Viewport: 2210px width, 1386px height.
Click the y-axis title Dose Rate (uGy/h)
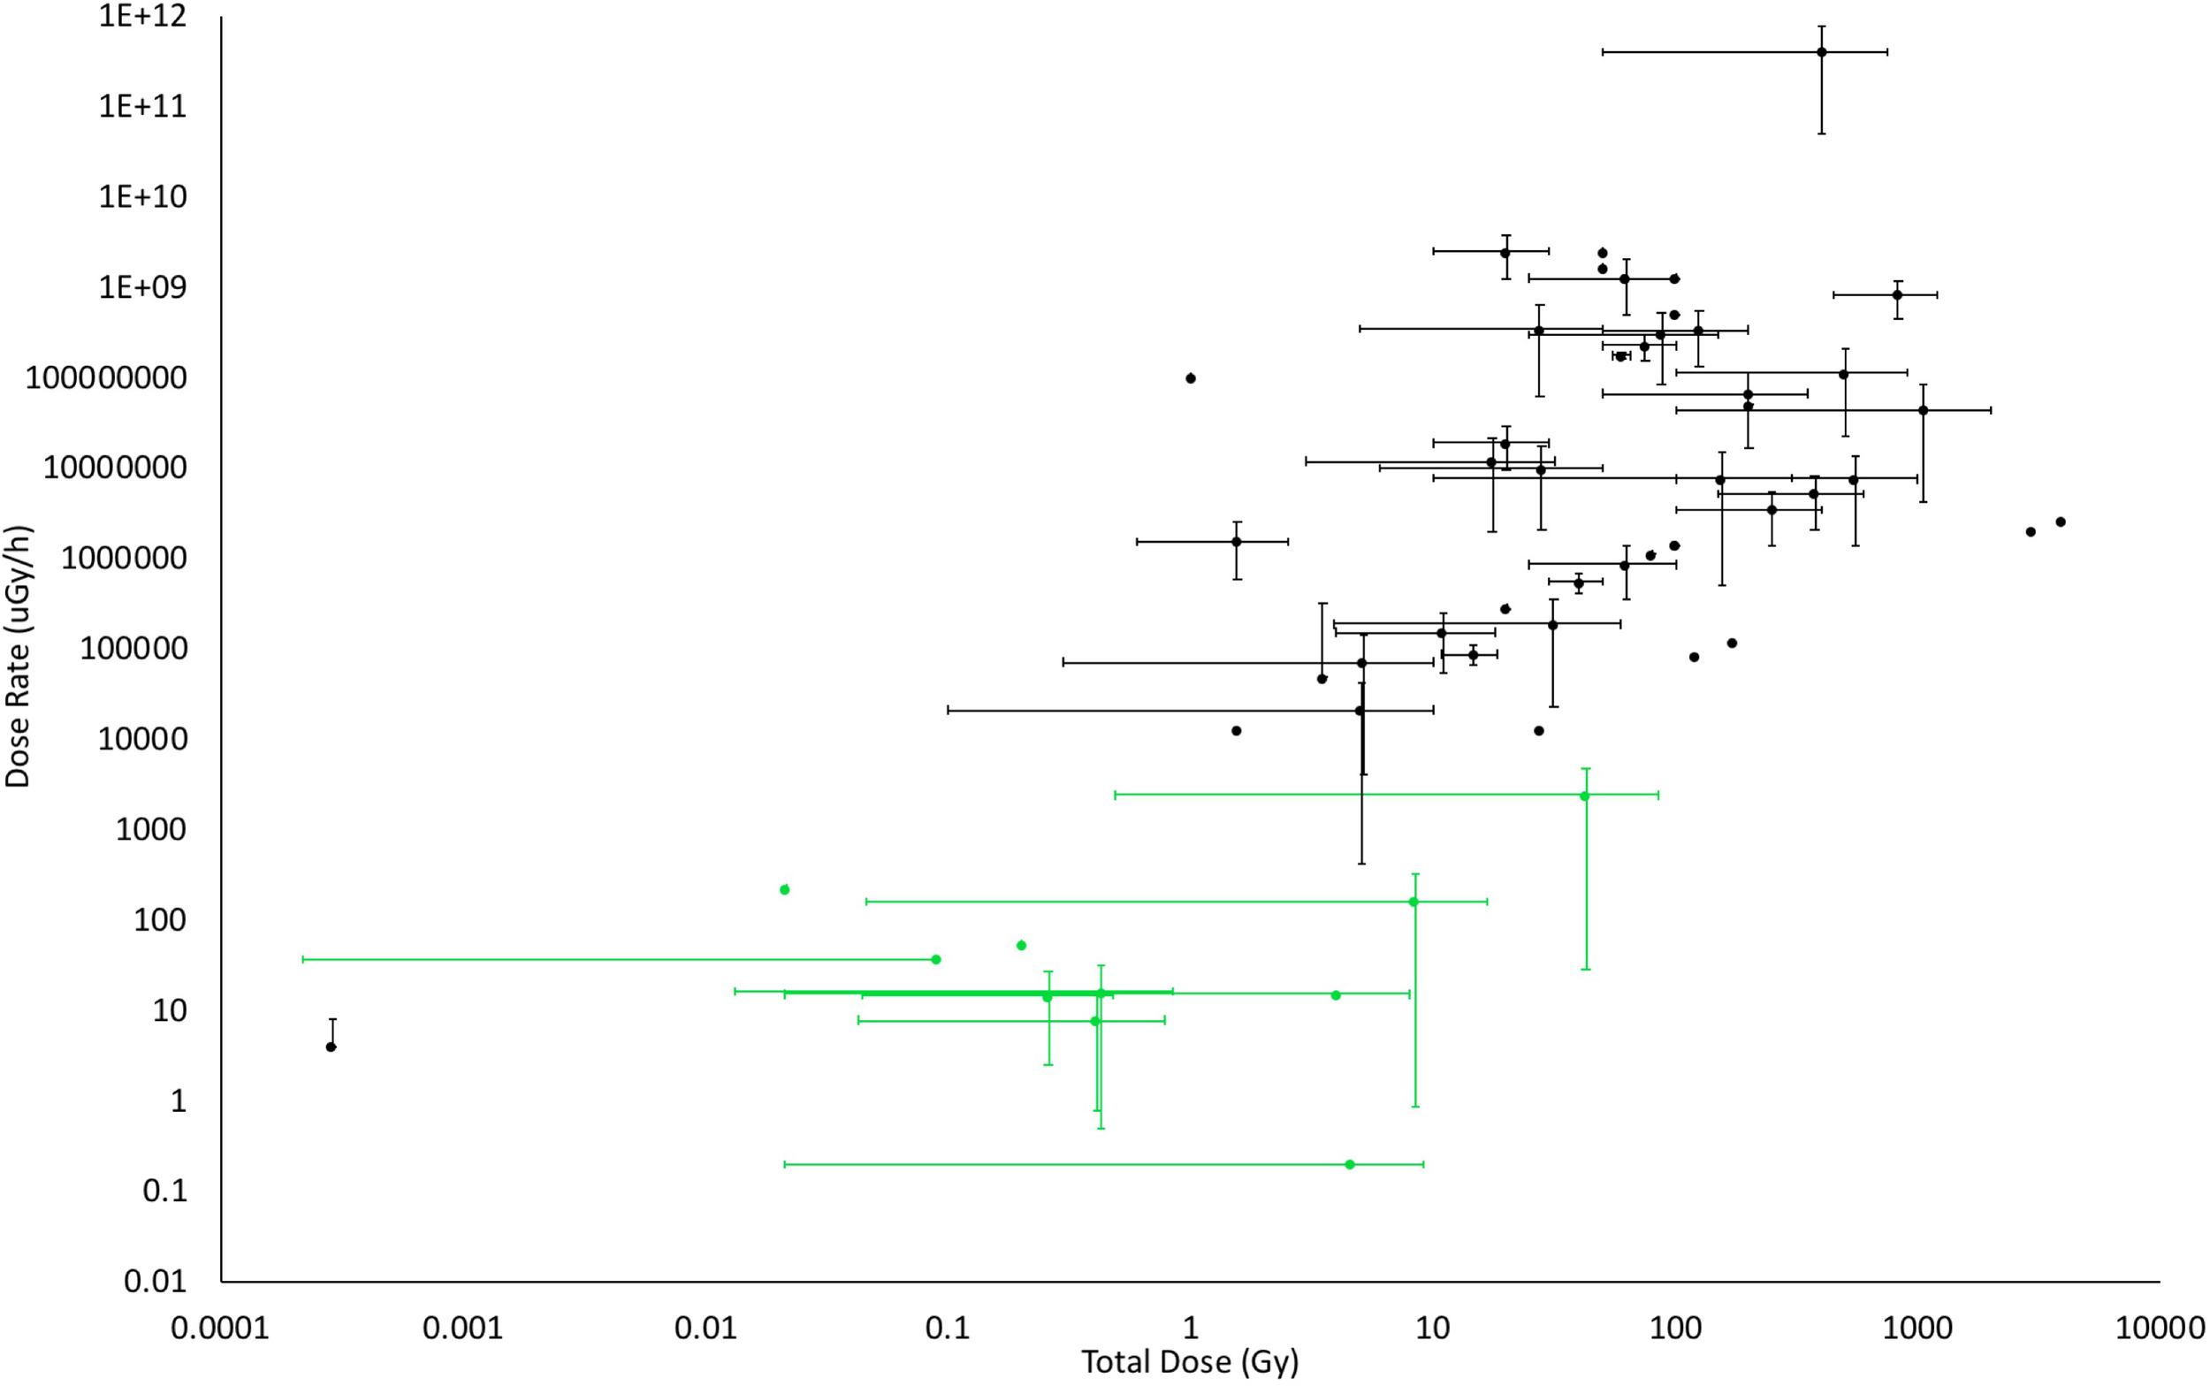coord(19,657)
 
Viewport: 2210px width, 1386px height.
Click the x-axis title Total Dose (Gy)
coord(1190,1362)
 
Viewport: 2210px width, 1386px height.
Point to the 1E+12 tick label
coord(142,16)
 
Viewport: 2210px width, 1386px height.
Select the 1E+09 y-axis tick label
coord(142,288)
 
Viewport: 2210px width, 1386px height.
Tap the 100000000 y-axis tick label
coord(105,377)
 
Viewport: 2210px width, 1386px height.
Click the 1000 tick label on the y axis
coord(150,830)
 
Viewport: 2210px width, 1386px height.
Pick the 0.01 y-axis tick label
coord(155,1281)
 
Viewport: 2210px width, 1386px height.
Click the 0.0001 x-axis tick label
coord(220,1329)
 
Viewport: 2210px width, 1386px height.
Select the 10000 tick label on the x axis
coord(2160,1329)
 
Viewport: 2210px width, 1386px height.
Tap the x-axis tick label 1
coord(1190,1329)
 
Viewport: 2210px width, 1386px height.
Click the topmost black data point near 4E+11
coord(1821,52)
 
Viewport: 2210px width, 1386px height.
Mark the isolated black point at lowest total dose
coord(331,1047)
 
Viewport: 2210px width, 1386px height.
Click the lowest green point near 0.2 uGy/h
coord(1349,1164)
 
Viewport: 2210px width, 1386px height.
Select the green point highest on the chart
coord(1585,796)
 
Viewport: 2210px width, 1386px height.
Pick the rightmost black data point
coord(2061,522)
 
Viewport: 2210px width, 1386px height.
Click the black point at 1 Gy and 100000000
coord(1191,377)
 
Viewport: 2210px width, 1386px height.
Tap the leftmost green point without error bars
coord(785,889)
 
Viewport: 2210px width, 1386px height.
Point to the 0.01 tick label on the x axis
coord(705,1329)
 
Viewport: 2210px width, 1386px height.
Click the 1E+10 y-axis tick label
coord(142,197)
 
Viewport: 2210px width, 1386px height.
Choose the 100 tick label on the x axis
coord(1674,1329)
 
